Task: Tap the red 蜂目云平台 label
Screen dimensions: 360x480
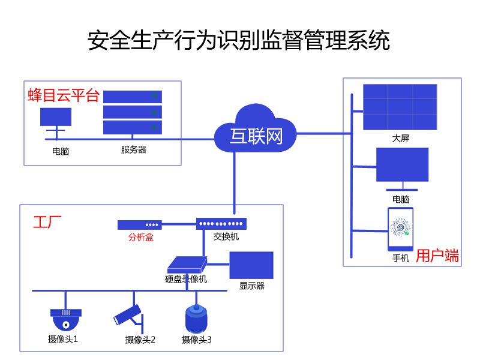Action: pos(63,95)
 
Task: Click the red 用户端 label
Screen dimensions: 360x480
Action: pos(437,256)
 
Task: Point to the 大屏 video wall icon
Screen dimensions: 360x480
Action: pos(400,107)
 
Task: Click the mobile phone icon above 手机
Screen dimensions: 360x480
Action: pos(400,229)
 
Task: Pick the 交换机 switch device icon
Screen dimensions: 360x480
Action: pos(221,224)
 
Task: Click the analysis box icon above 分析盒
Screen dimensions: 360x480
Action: pos(139,225)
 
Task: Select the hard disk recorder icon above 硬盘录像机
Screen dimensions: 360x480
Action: pos(187,265)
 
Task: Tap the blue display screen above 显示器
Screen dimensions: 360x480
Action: pos(251,265)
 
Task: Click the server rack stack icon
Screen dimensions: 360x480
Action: pos(133,112)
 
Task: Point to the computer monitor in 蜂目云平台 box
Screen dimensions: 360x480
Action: pos(56,117)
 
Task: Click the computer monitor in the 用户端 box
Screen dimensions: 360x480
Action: pos(402,165)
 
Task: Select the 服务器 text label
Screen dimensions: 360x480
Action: pos(133,150)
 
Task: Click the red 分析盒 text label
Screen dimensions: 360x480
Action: pos(140,237)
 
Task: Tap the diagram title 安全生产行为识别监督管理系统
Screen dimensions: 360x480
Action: pos(239,41)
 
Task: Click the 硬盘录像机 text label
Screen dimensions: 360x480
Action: pos(186,279)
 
